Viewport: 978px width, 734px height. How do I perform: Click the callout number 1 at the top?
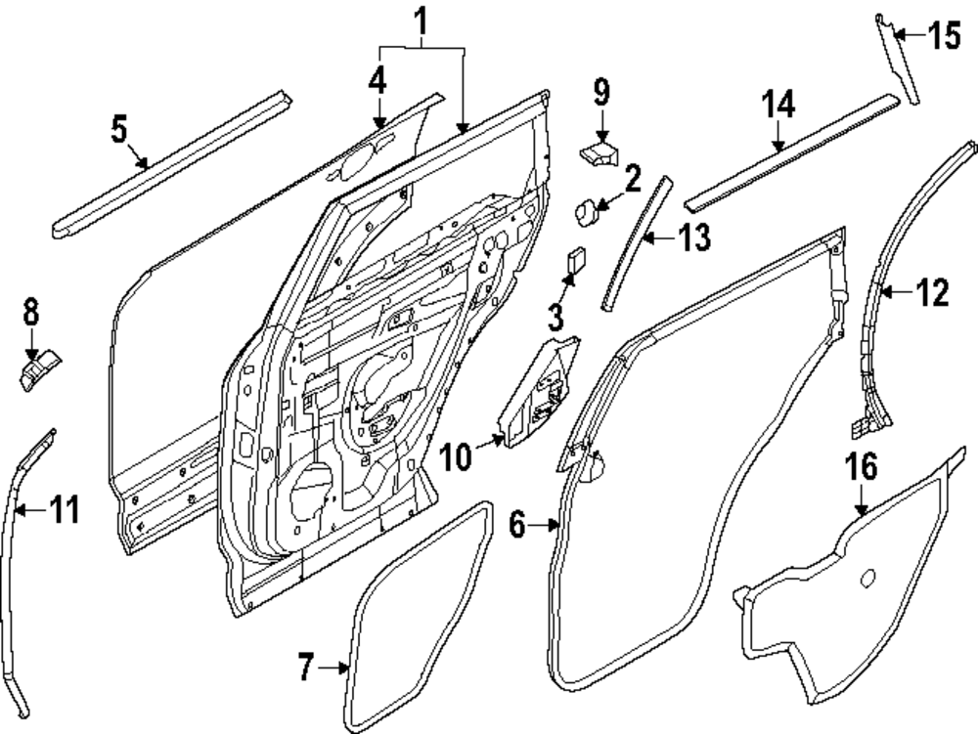421,19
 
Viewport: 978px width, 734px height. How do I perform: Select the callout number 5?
118,129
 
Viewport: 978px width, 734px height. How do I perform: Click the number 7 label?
306,669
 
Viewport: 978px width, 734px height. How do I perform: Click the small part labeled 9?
599,152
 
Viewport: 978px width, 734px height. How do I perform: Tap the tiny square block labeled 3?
573,260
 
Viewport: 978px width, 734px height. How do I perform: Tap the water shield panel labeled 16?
841,596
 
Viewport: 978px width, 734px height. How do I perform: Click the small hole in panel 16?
867,582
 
